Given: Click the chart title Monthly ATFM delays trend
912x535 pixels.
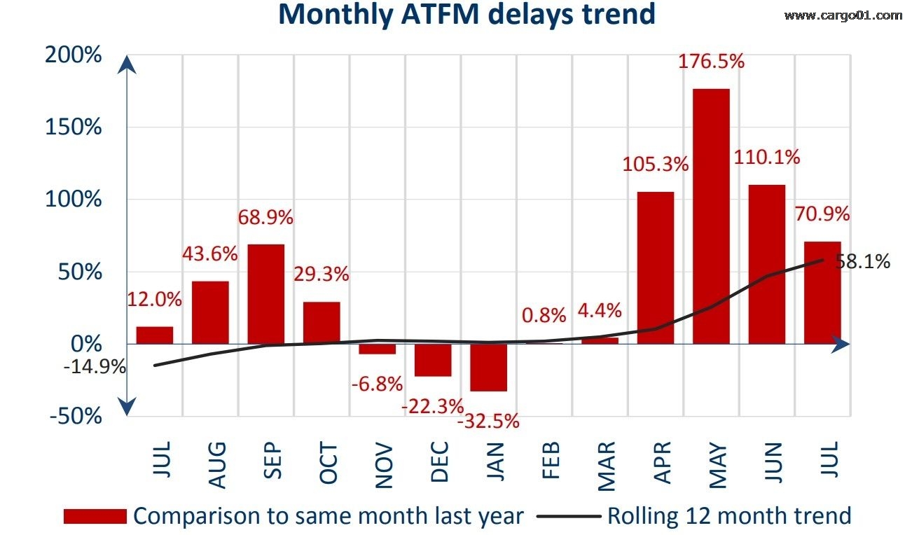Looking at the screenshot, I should [467, 14].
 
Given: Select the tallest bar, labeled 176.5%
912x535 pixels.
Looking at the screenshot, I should [711, 216].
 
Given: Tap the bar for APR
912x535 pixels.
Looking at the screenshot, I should [656, 267].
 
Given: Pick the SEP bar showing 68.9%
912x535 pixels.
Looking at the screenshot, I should [265, 294].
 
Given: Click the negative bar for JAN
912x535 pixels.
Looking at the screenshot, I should [488, 367].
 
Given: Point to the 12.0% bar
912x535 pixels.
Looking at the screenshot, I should [154, 335].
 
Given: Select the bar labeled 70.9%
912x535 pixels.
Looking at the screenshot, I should [822, 293].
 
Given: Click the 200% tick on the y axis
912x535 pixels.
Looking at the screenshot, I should [73, 55].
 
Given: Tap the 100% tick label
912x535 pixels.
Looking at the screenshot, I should [73, 200].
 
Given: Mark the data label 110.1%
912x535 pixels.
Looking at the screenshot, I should [767, 158].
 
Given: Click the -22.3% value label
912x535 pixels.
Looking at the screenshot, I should [432, 405].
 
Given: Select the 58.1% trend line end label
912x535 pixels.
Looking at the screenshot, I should [862, 262].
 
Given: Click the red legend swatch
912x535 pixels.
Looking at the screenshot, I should [95, 517].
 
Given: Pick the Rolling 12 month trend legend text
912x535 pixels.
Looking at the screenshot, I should [728, 517].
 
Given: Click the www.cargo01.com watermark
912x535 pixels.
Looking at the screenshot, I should [843, 15].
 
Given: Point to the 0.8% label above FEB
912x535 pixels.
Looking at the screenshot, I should [544, 316].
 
